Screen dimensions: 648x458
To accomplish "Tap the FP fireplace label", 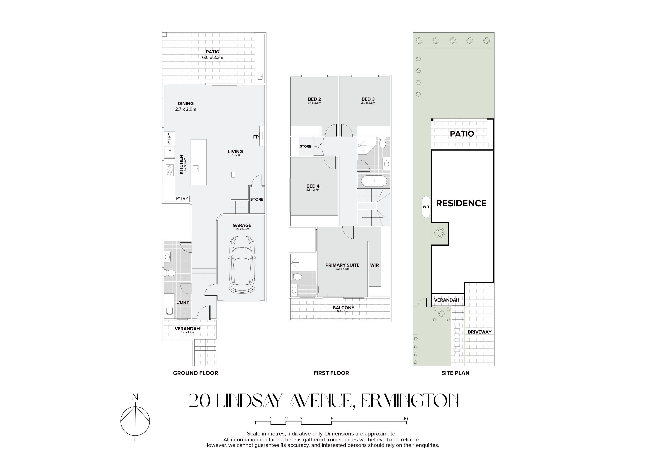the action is point(256,137).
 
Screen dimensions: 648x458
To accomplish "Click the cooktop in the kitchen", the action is point(170,170).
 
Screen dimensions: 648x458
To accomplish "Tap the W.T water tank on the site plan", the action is point(426,207).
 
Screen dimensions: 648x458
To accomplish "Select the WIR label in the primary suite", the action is point(375,265).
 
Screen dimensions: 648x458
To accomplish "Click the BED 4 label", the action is point(313,186).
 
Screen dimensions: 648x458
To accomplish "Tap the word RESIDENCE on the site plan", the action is point(461,203).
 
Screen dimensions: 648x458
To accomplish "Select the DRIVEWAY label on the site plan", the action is point(479,332).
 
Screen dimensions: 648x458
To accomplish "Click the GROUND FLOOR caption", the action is point(196,373).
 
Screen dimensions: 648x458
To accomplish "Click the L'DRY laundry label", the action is point(183,302).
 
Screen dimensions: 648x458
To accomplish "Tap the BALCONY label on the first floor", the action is point(343,308).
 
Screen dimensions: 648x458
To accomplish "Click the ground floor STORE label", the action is point(257,199).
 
